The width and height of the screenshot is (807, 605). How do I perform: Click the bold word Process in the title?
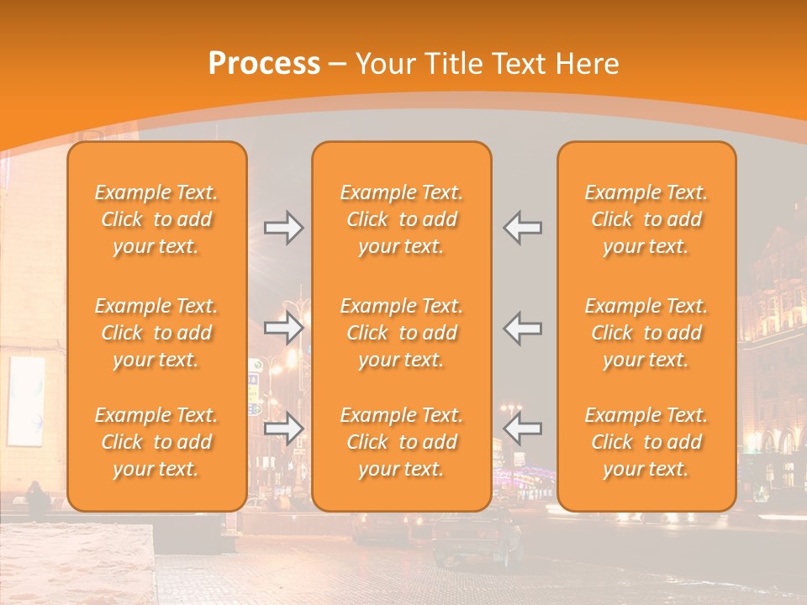(264, 64)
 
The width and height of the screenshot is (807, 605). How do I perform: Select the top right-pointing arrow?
(284, 228)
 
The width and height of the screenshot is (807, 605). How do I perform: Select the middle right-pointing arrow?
(284, 328)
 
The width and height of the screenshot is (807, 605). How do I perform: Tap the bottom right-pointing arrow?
(284, 429)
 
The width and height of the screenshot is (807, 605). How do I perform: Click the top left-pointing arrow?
(522, 228)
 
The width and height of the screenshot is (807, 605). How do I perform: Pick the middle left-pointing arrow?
(522, 328)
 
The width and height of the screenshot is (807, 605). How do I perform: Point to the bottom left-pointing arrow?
(522, 429)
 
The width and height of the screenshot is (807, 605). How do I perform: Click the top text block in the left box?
(156, 219)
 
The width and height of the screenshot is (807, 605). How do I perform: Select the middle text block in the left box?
(156, 333)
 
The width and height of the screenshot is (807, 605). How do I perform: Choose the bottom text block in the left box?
(156, 442)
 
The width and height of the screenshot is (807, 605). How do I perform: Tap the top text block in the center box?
(401, 219)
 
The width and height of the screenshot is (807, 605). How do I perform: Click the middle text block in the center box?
(401, 333)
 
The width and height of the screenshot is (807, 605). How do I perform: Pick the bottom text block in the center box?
(401, 442)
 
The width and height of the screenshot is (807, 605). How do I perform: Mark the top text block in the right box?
(646, 219)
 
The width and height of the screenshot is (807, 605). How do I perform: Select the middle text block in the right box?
(646, 333)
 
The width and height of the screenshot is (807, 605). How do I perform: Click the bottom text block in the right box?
(646, 442)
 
